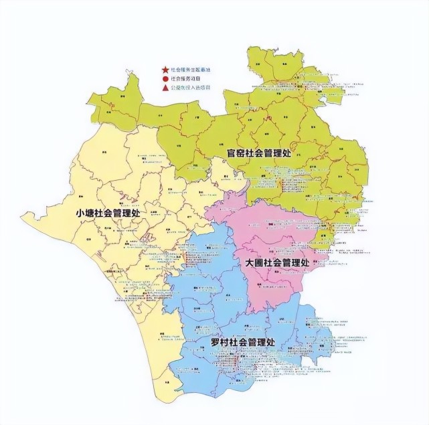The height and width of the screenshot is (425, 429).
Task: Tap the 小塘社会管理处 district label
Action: [108, 213]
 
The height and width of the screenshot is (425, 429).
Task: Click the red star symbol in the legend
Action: [164, 69]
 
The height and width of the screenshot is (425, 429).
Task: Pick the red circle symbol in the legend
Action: [164, 78]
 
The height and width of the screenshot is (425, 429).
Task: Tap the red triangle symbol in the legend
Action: [164, 88]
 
